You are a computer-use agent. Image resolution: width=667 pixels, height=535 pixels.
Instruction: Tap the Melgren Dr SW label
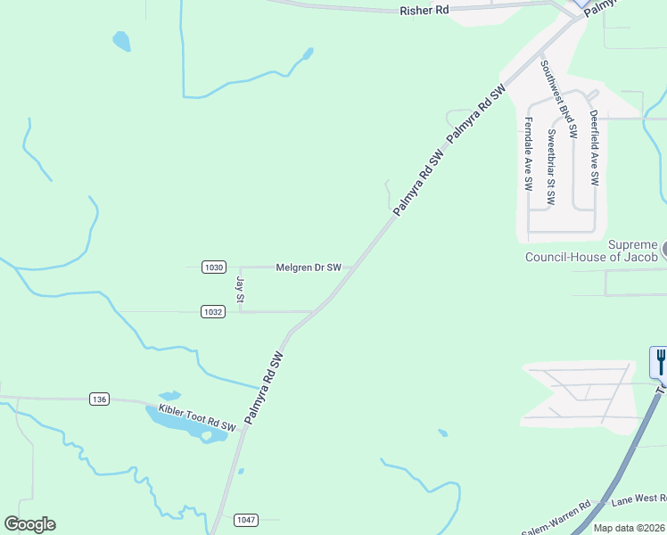point(309,267)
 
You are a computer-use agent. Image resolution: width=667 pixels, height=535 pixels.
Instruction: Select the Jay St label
point(240,289)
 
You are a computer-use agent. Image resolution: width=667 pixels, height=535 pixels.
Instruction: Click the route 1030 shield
point(214,267)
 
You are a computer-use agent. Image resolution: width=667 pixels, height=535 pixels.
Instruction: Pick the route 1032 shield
point(212,311)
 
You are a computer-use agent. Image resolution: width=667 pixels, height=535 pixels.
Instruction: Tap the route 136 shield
point(99,399)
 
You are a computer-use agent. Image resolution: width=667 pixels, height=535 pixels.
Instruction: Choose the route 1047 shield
point(246,519)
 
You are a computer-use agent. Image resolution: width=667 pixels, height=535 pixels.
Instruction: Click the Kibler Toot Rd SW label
point(196,417)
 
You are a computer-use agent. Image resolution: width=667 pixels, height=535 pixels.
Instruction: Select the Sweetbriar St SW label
point(552,168)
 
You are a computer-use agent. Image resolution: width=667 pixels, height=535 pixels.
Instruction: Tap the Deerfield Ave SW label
point(594,148)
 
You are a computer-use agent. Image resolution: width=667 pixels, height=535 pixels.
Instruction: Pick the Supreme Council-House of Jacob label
point(591,251)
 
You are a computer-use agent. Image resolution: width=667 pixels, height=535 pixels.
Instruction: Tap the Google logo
point(29,524)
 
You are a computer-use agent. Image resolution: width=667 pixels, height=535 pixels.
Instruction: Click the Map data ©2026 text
point(629,528)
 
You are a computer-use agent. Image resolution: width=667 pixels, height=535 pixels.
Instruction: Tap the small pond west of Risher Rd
point(121,41)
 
